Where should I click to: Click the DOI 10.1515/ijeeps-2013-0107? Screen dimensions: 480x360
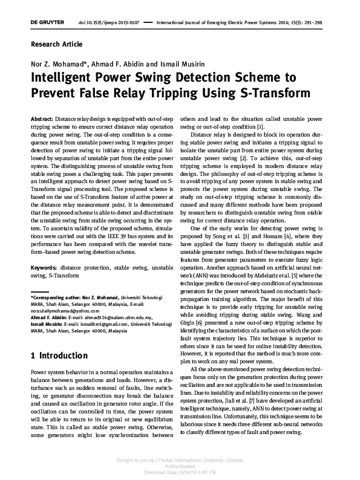click(110, 22)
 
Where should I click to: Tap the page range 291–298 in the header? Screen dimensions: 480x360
click(314, 22)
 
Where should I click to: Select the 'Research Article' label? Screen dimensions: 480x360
click(56, 44)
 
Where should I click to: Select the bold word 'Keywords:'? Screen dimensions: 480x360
click(44, 267)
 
